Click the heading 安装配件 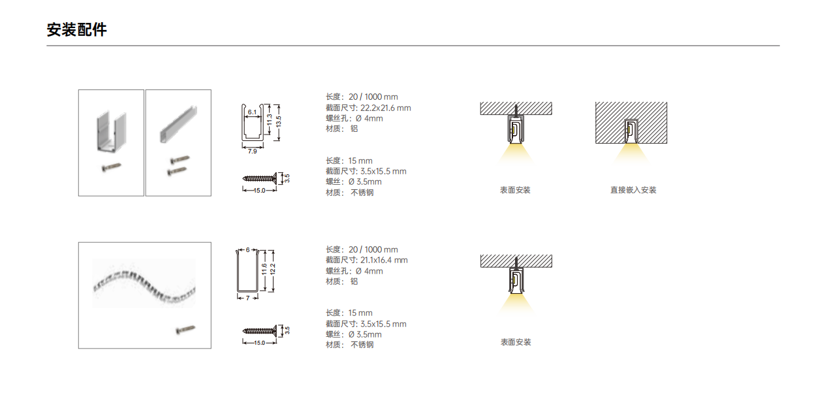(x=76, y=30)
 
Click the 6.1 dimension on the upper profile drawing (x=252, y=112)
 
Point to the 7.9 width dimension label (x=252, y=151)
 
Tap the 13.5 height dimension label (x=278, y=121)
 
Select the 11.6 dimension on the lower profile (x=264, y=270)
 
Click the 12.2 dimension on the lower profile (x=273, y=270)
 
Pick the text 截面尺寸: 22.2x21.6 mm (x=368, y=108)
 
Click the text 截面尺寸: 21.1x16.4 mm (x=367, y=260)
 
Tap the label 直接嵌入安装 (x=633, y=190)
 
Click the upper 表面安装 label (x=515, y=190)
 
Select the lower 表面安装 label (x=516, y=342)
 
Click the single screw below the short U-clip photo (x=111, y=167)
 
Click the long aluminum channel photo (x=178, y=124)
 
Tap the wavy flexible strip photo (x=144, y=283)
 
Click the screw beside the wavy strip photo (x=185, y=330)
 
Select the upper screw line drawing (x=259, y=178)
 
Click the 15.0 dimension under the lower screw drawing (x=259, y=343)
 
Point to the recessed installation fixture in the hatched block (x=631, y=131)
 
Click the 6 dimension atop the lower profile (x=248, y=250)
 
